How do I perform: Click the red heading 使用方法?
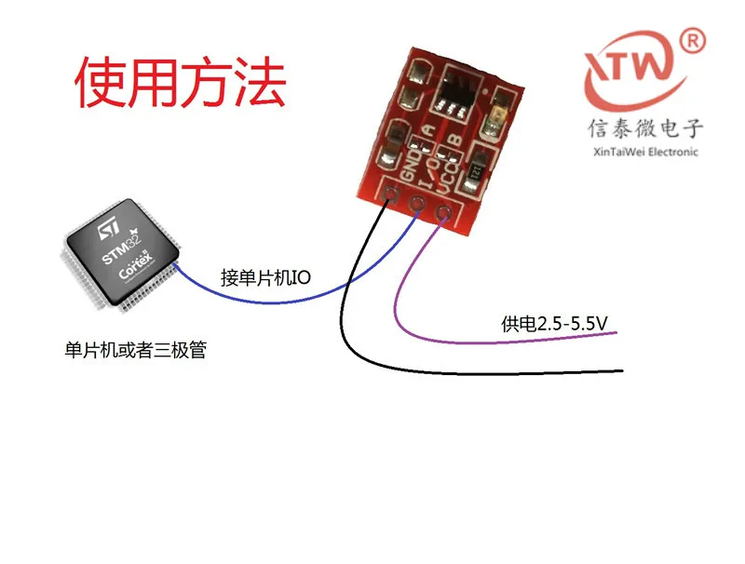coord(180,83)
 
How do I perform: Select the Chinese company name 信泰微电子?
coord(644,128)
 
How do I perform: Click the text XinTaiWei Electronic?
coord(644,152)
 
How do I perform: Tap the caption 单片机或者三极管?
coord(135,351)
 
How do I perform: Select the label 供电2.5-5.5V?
coord(554,324)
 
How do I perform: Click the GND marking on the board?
coord(407,172)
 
